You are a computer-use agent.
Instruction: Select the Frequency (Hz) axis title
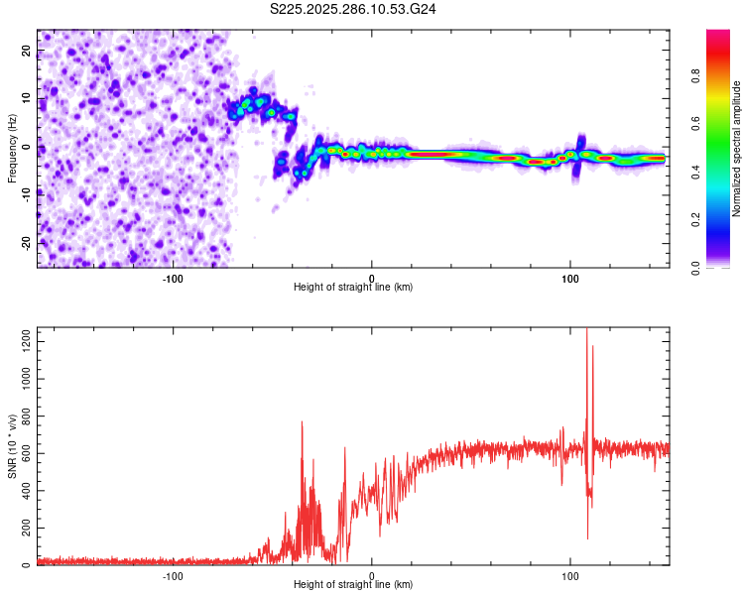point(12,148)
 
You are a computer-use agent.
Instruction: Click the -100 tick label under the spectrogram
point(173,277)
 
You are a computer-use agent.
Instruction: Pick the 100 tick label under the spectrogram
point(570,277)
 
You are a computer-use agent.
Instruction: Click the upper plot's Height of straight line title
point(353,288)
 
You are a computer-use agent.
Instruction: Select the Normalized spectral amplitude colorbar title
point(737,148)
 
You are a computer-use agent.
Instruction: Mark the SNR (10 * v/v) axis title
point(12,446)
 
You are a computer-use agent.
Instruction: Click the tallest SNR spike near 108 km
point(587,330)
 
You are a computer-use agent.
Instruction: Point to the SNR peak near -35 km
point(302,422)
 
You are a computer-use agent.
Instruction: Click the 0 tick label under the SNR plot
point(372,575)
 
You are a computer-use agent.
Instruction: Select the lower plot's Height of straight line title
point(353,586)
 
